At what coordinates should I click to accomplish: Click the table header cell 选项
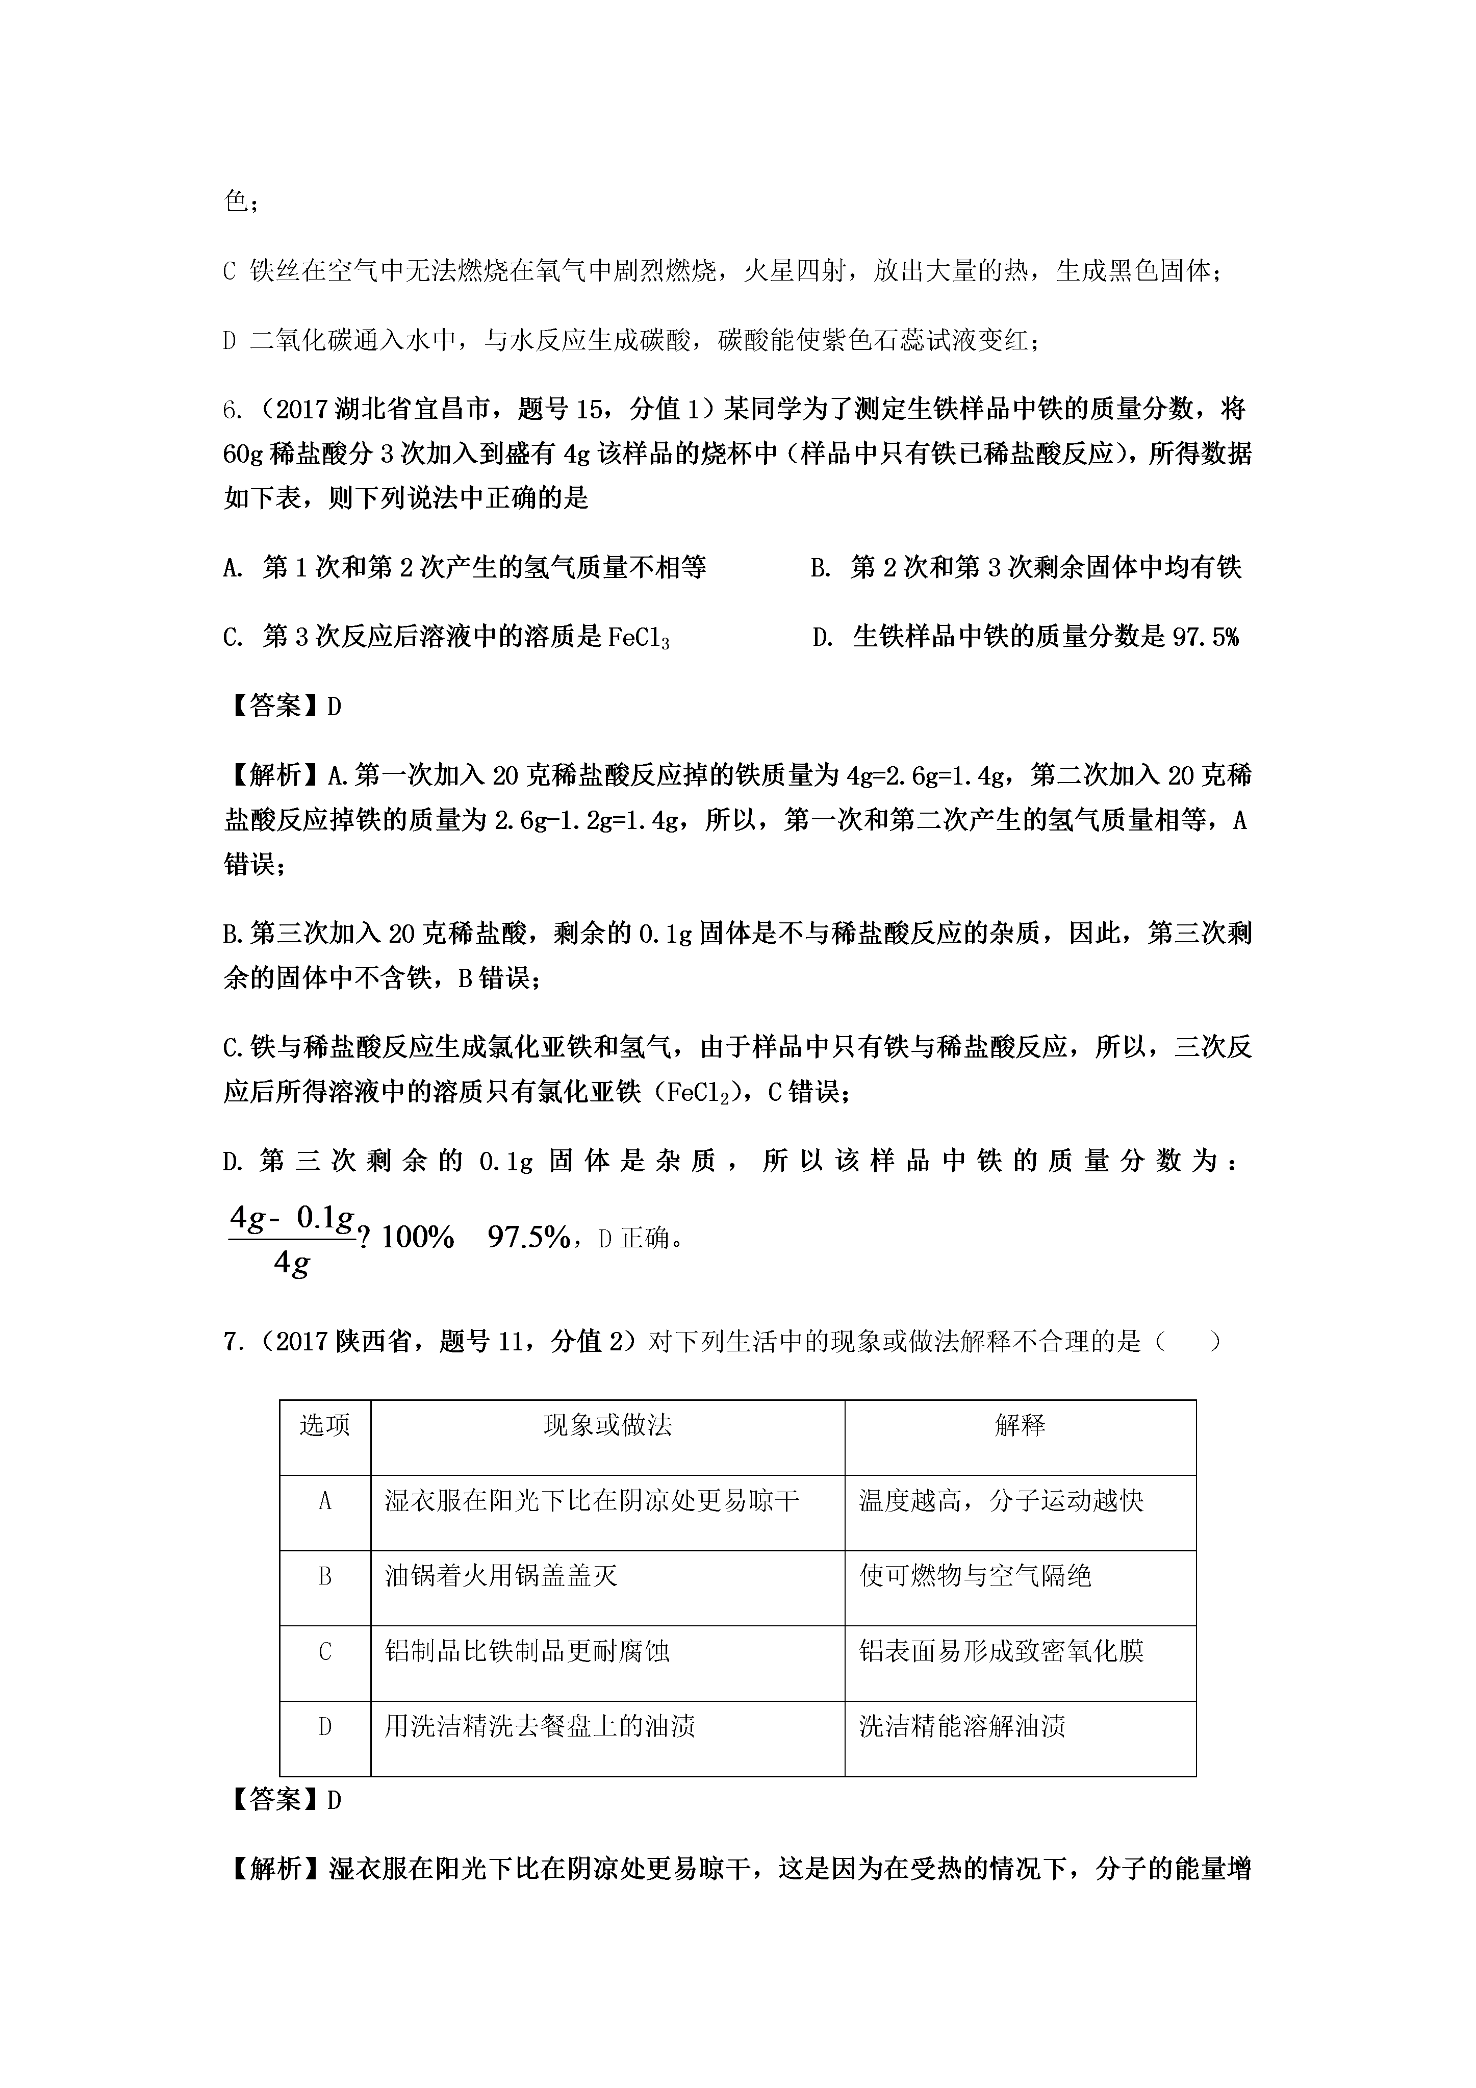[325, 1425]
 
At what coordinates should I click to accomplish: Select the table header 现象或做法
[607, 1425]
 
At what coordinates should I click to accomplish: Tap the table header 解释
[1020, 1425]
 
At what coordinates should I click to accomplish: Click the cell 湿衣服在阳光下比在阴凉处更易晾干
[592, 1500]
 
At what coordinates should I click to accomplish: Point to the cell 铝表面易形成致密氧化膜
[1000, 1651]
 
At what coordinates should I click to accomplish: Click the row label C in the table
[325, 1651]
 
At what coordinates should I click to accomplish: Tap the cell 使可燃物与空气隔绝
[975, 1576]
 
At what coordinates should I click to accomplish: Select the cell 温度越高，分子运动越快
[1000, 1500]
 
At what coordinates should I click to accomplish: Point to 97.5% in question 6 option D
[1205, 637]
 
